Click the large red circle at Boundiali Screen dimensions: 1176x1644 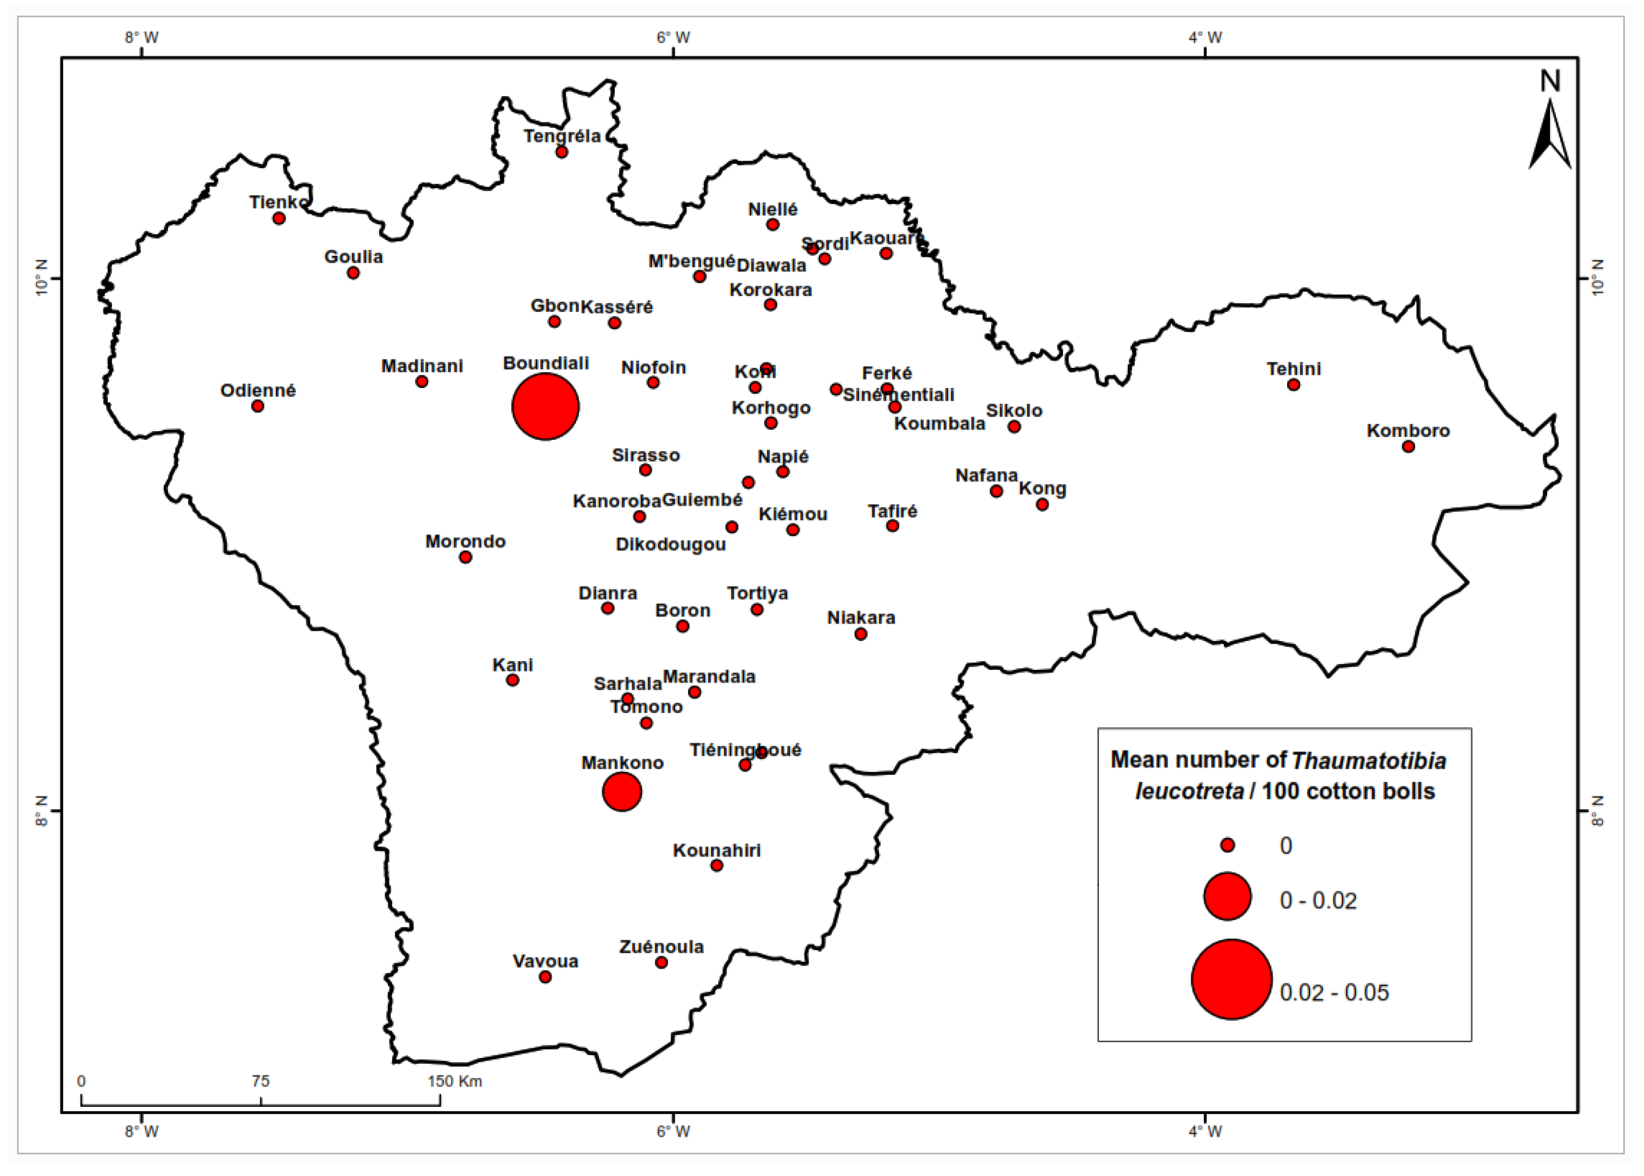coord(545,407)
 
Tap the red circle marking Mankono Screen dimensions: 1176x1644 coord(622,791)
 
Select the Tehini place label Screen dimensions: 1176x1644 coord(1293,368)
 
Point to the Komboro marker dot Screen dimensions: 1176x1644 coord(1408,447)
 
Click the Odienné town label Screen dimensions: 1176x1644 coord(258,390)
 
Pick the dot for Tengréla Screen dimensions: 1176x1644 coord(562,152)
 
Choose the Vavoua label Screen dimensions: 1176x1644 coord(545,961)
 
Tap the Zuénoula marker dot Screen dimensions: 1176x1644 coord(661,962)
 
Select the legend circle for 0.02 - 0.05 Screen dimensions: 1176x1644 coord(1232,980)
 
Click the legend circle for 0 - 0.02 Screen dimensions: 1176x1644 coord(1227,896)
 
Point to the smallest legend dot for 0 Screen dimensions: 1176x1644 coord(1227,845)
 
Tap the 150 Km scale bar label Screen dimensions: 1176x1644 coord(455,1082)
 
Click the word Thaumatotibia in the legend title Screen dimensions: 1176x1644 coord(1368,760)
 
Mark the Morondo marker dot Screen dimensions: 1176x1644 coord(466,557)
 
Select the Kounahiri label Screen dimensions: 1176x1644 coord(716,850)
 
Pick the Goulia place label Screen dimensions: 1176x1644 coord(353,256)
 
